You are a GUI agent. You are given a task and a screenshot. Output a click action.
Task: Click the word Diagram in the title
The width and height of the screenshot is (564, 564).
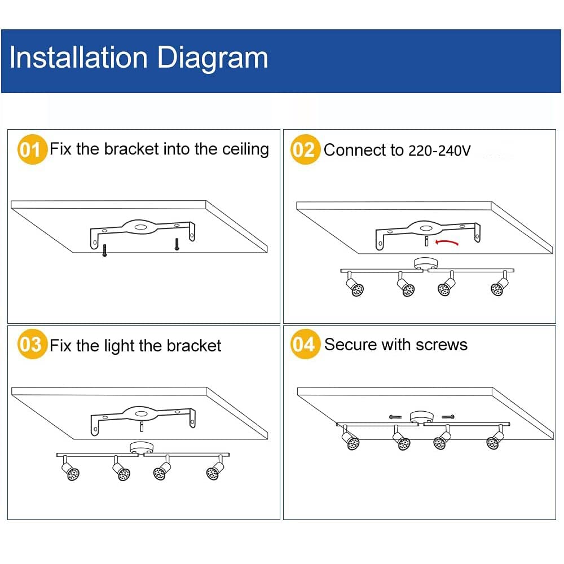click(213, 58)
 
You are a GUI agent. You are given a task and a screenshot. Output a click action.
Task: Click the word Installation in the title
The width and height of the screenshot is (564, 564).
click(78, 58)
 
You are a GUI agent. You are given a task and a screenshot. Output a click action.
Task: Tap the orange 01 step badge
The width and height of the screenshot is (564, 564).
click(32, 150)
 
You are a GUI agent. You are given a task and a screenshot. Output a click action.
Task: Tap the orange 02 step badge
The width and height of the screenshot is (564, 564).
click(305, 150)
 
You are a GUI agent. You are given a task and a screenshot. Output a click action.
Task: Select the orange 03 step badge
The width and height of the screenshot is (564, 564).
click(32, 345)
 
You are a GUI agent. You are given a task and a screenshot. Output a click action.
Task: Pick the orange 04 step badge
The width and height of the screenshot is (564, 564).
click(305, 345)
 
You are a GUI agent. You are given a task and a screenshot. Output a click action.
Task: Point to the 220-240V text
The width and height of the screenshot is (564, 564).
click(438, 151)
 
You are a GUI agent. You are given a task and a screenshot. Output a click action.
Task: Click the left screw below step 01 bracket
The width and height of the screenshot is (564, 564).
click(104, 249)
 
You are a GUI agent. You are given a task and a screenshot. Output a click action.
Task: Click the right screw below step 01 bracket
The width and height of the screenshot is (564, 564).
click(177, 244)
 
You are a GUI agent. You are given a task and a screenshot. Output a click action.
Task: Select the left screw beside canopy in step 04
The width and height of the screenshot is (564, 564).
click(395, 416)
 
